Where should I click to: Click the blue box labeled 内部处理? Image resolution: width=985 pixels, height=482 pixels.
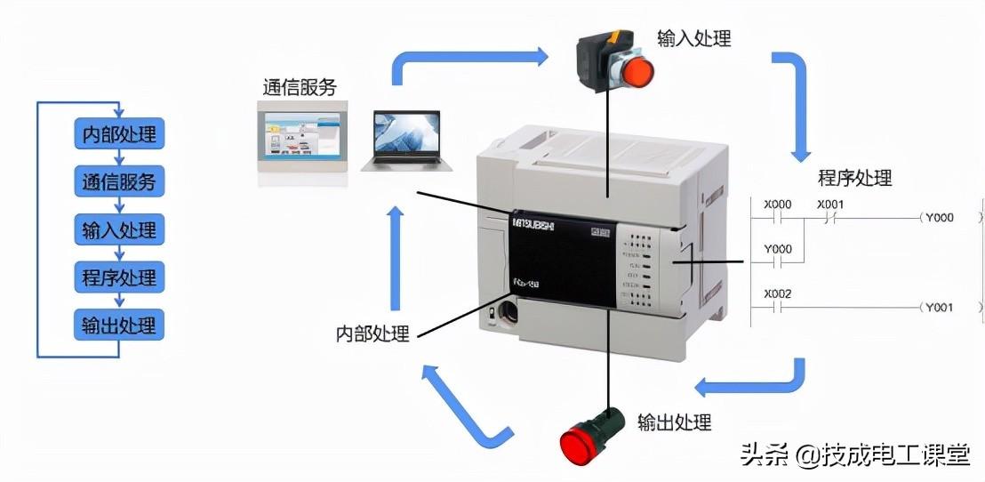[x=118, y=135]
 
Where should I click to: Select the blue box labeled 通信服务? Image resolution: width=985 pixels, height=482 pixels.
[x=118, y=182]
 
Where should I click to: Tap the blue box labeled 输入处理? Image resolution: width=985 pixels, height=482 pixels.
[x=118, y=230]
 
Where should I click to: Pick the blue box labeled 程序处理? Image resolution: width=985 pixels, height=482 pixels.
[x=118, y=277]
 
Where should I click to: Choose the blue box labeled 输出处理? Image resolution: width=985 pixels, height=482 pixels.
[x=118, y=324]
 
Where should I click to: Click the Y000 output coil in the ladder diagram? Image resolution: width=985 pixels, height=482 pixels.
[x=939, y=217]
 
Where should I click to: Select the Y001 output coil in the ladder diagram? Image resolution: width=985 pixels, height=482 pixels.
[x=939, y=308]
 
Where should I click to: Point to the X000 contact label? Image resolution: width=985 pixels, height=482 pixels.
[x=778, y=205]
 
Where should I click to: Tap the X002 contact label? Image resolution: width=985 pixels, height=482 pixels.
[x=778, y=294]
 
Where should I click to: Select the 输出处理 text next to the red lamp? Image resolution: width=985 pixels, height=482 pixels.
[x=674, y=422]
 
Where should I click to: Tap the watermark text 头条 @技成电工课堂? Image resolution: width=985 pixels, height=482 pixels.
[x=854, y=455]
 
